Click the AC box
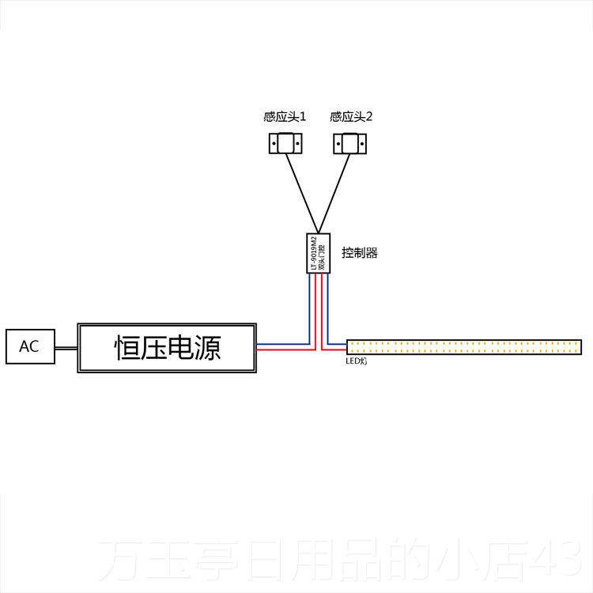(30, 346)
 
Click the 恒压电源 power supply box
(167, 347)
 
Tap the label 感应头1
(285, 117)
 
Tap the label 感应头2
(351, 117)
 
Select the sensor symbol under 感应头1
(285, 144)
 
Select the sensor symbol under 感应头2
(349, 144)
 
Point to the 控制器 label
(360, 253)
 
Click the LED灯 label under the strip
(357, 361)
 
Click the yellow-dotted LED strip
(464, 346)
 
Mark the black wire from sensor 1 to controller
(301, 190)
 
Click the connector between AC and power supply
(66, 347)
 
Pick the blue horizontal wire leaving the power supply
(281, 344)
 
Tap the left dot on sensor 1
(277, 144)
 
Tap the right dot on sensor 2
(357, 144)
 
